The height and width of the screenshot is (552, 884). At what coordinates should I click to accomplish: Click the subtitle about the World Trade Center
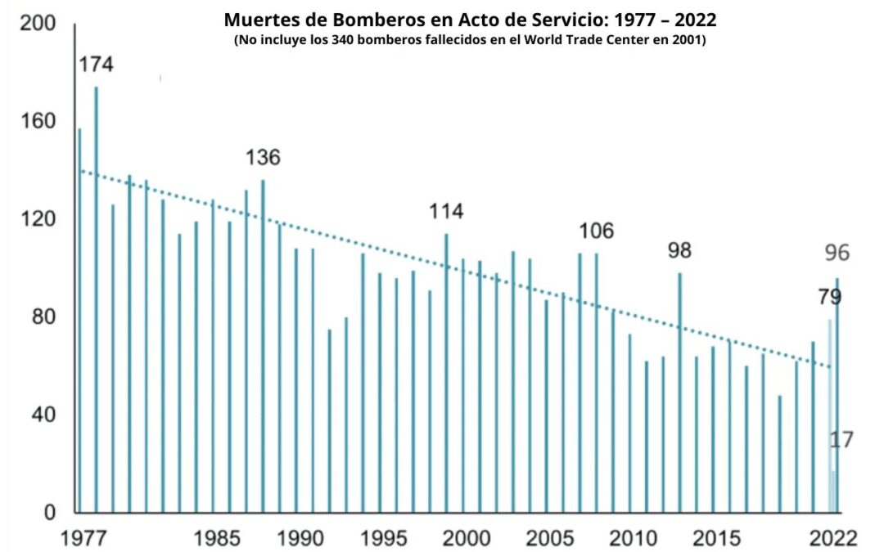(470, 40)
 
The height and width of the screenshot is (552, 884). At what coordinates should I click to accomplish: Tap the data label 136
(263, 158)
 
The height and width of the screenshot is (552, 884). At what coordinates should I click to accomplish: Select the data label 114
(446, 212)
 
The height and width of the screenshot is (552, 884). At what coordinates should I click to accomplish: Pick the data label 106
(596, 231)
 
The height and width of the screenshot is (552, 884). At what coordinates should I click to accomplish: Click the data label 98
(679, 251)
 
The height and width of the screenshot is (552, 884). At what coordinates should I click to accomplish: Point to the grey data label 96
(837, 254)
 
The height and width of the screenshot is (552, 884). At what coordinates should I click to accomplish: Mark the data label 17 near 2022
(841, 440)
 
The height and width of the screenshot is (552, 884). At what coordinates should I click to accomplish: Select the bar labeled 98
(679, 393)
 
